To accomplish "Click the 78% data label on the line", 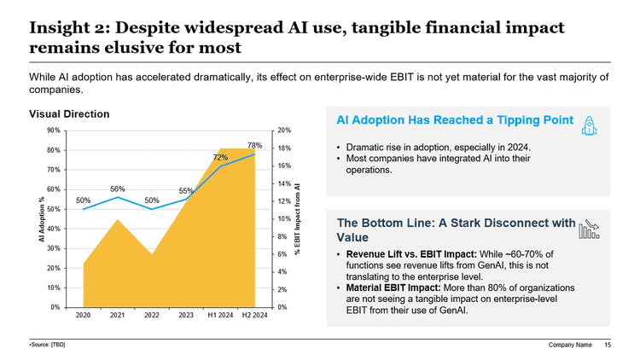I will pos(254,145).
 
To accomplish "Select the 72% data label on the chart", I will pos(220,158).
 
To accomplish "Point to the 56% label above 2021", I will pos(118,189).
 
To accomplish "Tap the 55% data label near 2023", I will pos(186,191).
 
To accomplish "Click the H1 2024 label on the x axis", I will pos(221,316).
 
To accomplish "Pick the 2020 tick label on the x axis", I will pos(84,316).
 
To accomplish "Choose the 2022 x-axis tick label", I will pos(152,316).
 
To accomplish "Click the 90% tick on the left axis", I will pos(53,131).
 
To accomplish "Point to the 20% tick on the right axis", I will pos(284,131).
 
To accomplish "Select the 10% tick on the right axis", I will pos(284,219).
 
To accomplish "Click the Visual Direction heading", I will pos(69,113).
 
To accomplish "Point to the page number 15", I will pos(608,345).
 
